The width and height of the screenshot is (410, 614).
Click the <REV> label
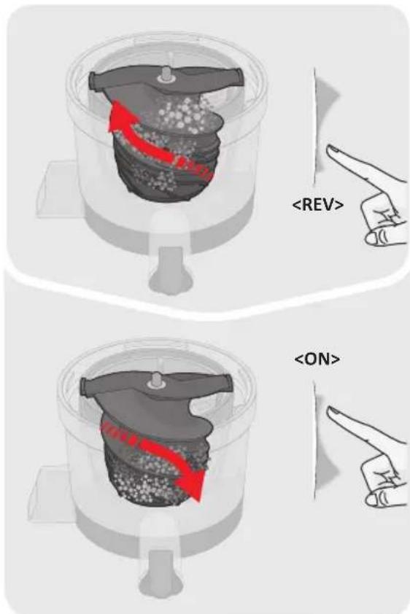[x=318, y=204]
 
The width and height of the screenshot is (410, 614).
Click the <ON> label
[x=317, y=359]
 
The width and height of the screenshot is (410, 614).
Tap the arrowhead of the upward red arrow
[x=117, y=114]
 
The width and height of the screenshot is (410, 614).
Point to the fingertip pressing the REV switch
[x=330, y=149]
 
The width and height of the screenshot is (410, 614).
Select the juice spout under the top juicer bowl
[x=169, y=267]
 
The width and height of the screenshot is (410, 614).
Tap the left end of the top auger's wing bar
[x=94, y=81]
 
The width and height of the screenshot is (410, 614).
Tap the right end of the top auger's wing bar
[x=239, y=75]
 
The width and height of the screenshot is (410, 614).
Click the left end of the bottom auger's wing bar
[x=86, y=387]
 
